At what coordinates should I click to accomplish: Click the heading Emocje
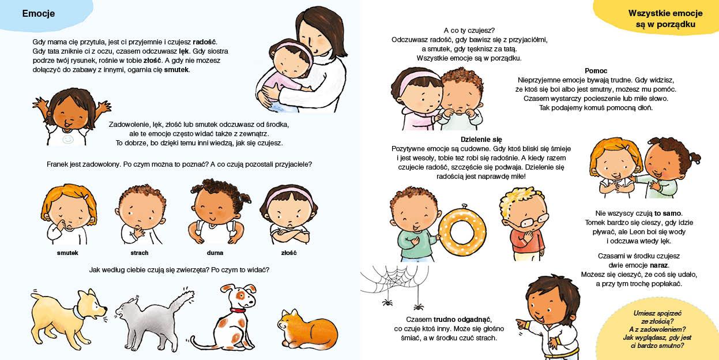pos(39,13)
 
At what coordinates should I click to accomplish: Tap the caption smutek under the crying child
pos(67,253)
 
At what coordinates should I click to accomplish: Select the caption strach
pos(140,253)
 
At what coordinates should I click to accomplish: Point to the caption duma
pos(214,253)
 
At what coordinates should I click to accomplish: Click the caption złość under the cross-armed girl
pos(288,253)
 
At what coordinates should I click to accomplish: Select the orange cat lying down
pos(307,329)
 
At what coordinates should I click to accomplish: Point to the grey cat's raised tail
pos(183,300)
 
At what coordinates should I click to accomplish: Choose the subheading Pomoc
pos(596,70)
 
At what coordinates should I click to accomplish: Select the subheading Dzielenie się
pos(481,140)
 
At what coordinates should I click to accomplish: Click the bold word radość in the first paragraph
pos(204,42)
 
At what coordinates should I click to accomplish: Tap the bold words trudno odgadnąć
pos(462,320)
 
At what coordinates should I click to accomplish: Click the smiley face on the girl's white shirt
pos(67,139)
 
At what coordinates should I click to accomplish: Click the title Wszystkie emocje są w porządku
pos(665,18)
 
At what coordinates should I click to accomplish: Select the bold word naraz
pos(658,265)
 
